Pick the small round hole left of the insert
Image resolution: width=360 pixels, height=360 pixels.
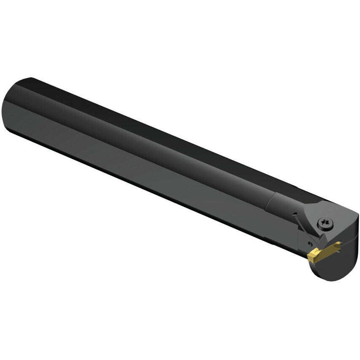pyautogui.click(x=309, y=243)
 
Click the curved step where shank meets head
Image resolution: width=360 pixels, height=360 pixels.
pyautogui.click(x=270, y=202)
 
